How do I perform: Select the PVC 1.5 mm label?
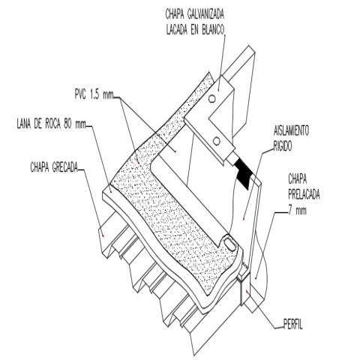pyautogui.click(x=94, y=95)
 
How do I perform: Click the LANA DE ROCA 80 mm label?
pyautogui.click(x=51, y=124)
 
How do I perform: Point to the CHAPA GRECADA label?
pyautogui.click(x=54, y=167)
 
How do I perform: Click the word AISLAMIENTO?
pyautogui.click(x=291, y=130)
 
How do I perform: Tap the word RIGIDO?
pyautogui.click(x=283, y=146)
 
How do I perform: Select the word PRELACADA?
pyautogui.click(x=304, y=194)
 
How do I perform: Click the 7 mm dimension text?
pyautogui.click(x=297, y=211)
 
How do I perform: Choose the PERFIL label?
pyautogui.click(x=293, y=325)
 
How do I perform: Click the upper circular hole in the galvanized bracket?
pyautogui.click(x=212, y=99)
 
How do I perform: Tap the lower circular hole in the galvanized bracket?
pyautogui.click(x=217, y=142)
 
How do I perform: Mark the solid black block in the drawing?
pyautogui.click(x=243, y=173)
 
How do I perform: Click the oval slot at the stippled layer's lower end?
pyautogui.click(x=229, y=243)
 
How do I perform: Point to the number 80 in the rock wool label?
pyautogui.click(x=67, y=124)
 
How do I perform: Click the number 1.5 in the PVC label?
pyautogui.click(x=94, y=95)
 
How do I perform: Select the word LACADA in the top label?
pyautogui.click(x=177, y=30)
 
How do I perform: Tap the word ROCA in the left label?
pyautogui.click(x=52, y=124)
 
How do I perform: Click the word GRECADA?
pyautogui.click(x=65, y=167)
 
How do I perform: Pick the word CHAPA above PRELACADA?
pyautogui.click(x=298, y=179)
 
